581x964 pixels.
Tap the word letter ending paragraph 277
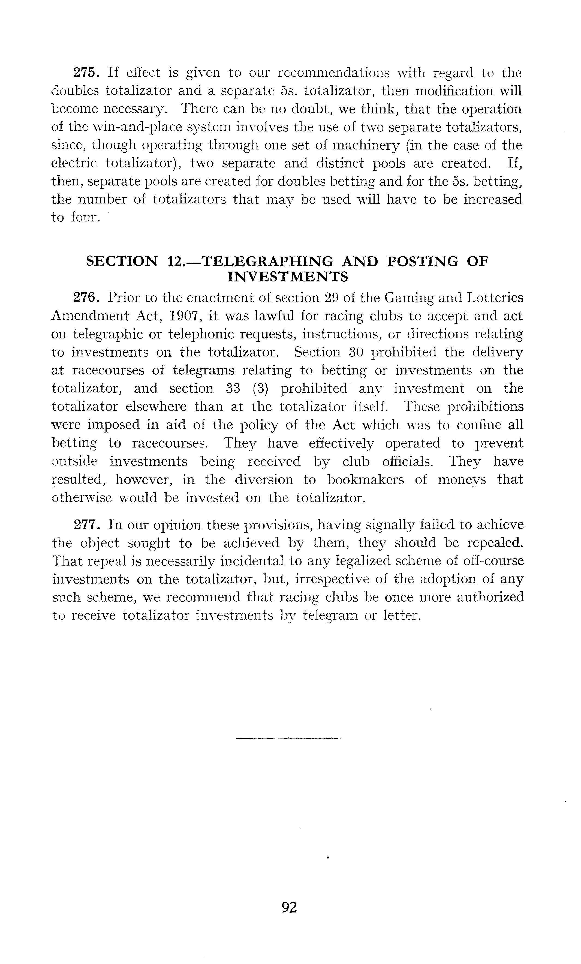coord(401,615)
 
